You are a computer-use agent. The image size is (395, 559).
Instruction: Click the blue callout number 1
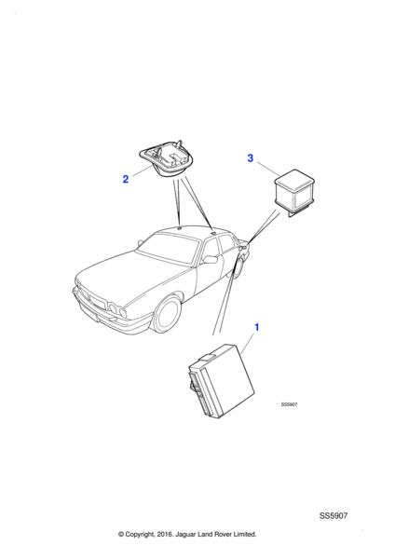point(256,327)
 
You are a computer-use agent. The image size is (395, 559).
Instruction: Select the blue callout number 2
point(126,179)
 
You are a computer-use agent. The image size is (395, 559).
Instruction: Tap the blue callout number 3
point(251,158)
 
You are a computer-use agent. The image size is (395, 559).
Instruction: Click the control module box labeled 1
point(222,380)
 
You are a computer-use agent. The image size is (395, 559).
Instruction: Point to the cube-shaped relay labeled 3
point(294,194)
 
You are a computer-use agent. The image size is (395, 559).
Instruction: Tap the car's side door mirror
point(211,259)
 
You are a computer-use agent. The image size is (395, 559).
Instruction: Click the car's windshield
point(169,248)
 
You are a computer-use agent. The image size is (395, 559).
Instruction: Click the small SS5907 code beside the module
point(289,404)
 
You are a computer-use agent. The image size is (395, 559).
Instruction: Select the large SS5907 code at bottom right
point(334,516)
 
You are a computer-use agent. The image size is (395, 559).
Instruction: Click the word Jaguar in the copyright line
point(184,534)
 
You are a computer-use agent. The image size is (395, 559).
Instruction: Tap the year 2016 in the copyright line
point(164,534)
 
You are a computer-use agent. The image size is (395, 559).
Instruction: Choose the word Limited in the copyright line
point(245,534)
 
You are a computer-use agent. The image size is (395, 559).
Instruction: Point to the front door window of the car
point(211,251)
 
